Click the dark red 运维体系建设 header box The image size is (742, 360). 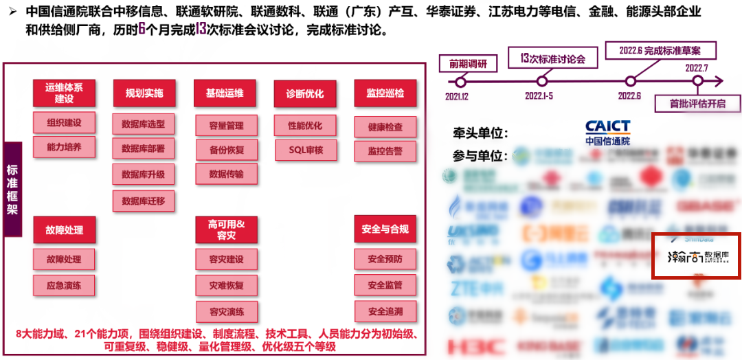64,93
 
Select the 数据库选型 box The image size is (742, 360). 144,124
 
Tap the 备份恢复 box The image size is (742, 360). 226,149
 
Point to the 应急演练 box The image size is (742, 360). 64,285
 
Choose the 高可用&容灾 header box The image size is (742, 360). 226,229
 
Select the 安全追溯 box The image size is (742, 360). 385,311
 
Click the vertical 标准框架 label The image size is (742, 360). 12,190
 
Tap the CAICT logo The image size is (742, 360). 607,132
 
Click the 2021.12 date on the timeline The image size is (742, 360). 457,96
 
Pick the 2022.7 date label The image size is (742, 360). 697,67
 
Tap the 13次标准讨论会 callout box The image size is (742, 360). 552,58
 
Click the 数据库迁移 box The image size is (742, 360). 144,201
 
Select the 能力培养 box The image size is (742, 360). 64,147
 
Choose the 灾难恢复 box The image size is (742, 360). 226,284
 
